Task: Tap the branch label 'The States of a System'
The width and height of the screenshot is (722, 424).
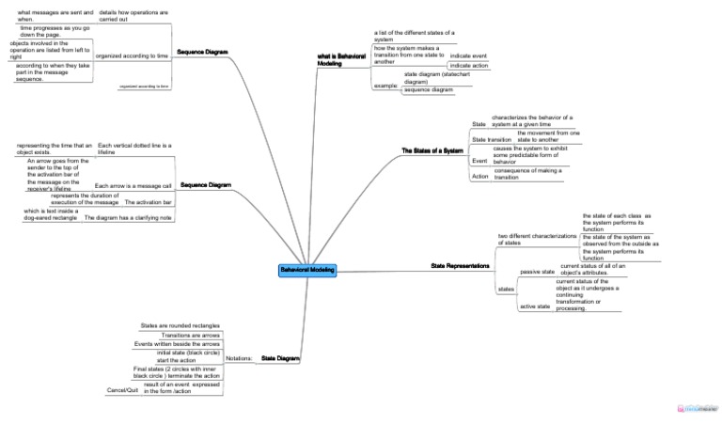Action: point(432,151)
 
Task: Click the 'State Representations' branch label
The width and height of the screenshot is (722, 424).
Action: point(460,266)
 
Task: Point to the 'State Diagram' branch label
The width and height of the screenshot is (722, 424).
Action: point(280,358)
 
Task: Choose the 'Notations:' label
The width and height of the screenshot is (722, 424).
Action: point(238,358)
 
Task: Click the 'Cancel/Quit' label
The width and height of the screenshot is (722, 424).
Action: point(123,389)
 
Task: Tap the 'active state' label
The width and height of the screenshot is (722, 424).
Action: point(535,306)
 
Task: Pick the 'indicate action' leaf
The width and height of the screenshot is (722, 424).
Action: point(468,66)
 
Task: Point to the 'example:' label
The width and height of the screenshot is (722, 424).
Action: point(385,86)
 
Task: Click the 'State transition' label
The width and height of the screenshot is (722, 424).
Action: point(492,139)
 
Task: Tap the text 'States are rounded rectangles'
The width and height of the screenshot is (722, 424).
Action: point(180,324)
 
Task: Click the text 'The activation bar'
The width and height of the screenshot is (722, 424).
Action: point(149,202)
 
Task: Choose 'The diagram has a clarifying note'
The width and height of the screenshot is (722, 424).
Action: point(129,217)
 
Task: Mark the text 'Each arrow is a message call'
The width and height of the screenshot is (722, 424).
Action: point(133,186)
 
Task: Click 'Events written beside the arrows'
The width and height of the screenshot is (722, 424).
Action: point(177,344)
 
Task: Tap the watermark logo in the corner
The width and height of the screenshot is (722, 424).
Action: point(697,409)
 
